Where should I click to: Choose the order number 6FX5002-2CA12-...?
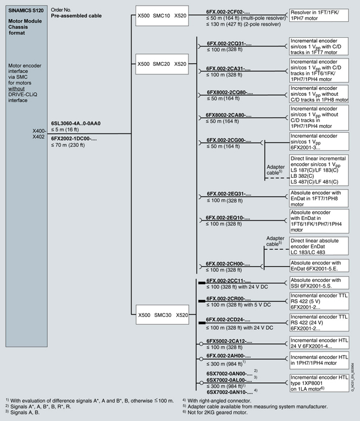(x=228, y=341)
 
